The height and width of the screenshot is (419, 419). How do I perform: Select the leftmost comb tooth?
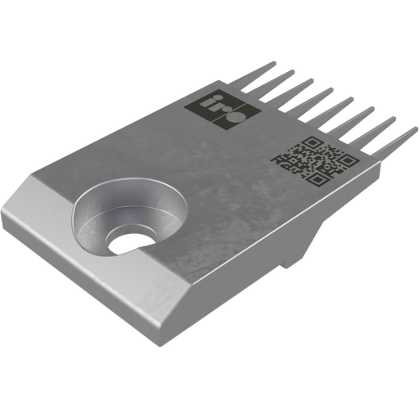tap(256, 79)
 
